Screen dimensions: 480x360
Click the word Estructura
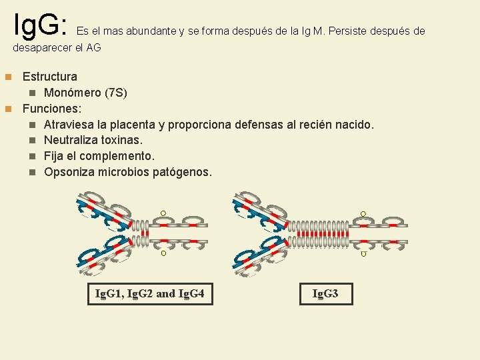point(50,77)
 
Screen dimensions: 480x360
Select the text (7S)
point(120,93)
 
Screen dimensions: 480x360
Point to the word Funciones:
point(53,108)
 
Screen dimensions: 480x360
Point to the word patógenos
point(182,172)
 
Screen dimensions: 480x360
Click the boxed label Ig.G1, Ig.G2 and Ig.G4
point(150,293)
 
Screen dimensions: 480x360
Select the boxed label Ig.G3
point(325,293)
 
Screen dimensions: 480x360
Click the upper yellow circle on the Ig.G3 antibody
point(363,214)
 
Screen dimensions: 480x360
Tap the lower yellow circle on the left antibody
point(163,253)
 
